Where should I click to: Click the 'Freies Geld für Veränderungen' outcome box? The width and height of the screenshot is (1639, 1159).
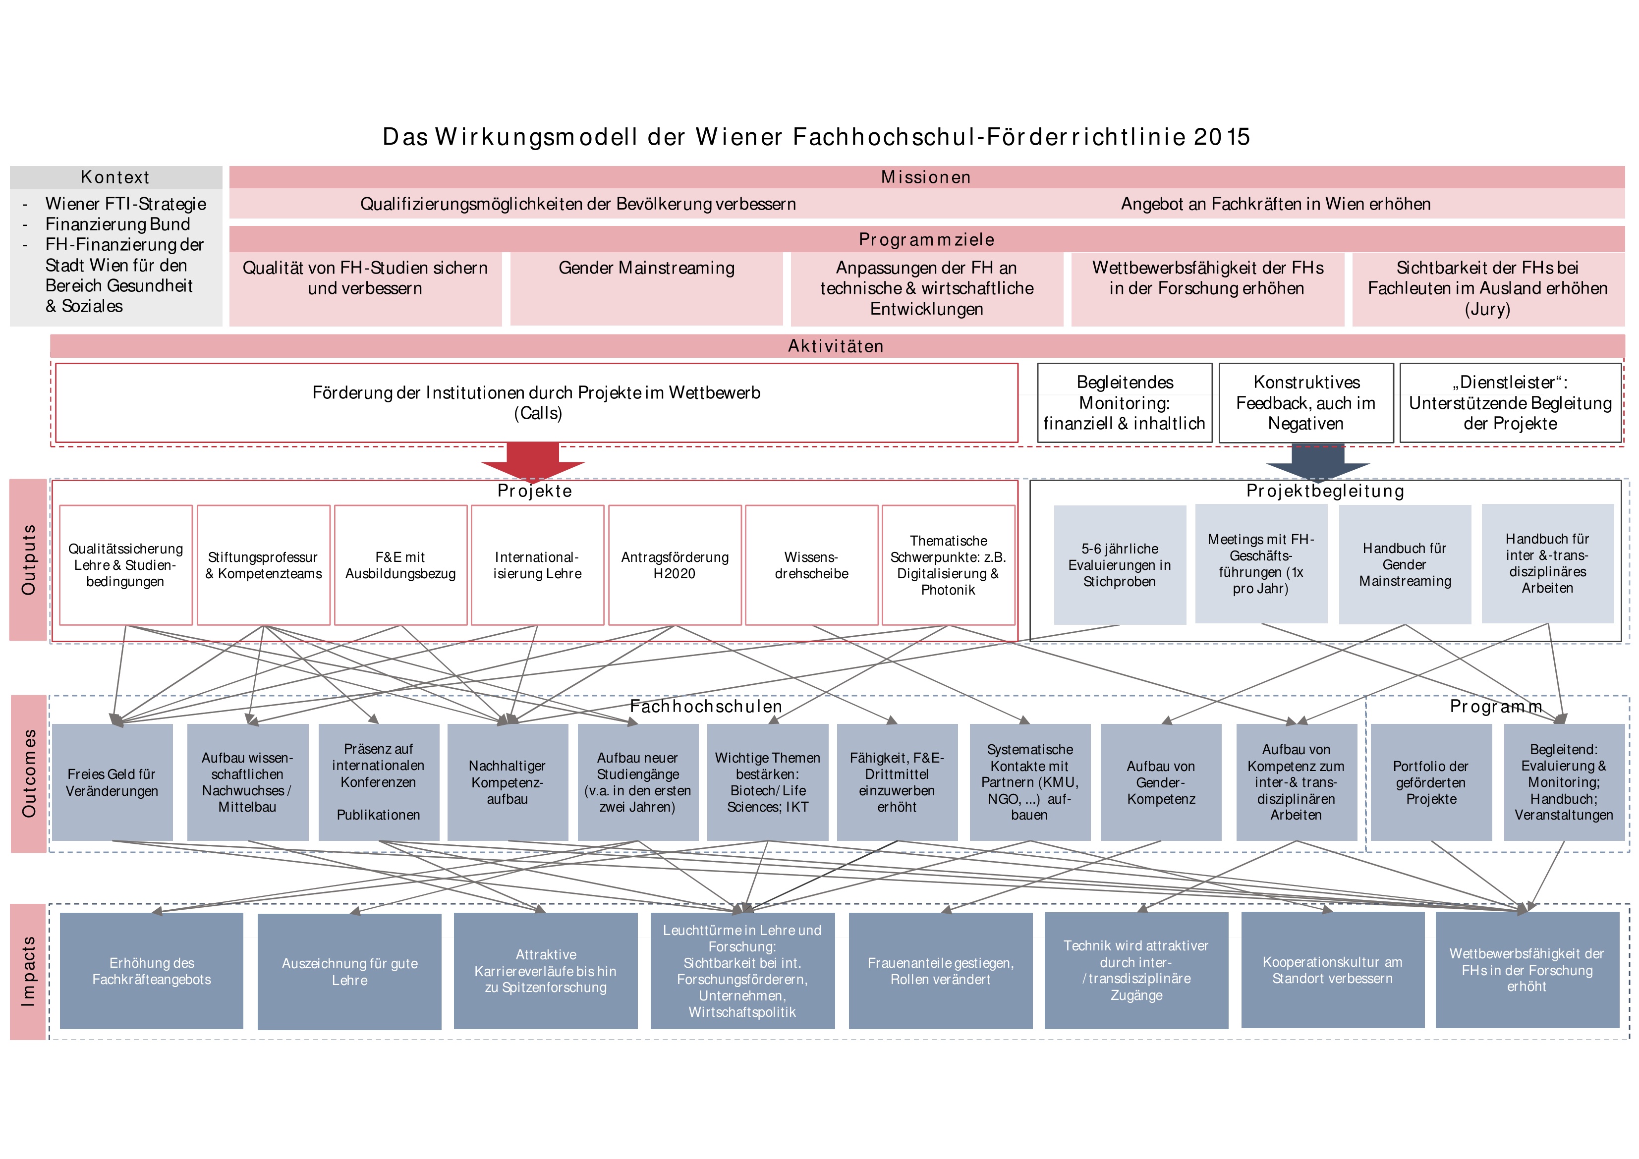point(112,782)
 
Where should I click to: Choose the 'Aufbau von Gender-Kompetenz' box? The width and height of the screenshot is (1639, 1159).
point(1161,782)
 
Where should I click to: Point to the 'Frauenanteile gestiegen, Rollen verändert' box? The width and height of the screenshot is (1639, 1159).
point(940,971)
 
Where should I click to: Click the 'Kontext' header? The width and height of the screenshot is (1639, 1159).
point(115,177)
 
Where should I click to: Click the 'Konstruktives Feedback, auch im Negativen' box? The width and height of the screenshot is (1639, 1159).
point(1305,402)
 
